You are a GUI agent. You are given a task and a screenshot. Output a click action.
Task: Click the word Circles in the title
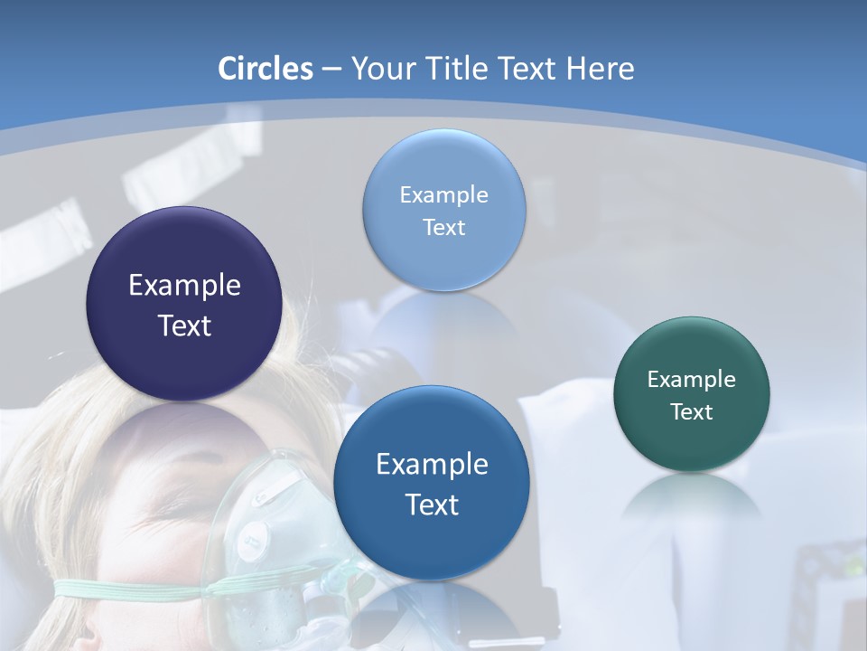pos(265,69)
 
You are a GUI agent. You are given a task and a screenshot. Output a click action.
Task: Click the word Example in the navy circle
pos(184,286)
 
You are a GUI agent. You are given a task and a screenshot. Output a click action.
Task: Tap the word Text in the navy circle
pos(184,325)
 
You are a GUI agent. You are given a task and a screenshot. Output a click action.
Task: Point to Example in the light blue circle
pos(443,195)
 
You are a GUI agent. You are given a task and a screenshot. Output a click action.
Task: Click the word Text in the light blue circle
pos(443,228)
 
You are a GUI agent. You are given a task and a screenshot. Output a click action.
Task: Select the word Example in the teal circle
pos(692,380)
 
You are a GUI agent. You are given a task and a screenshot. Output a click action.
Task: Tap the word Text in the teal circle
pos(692,412)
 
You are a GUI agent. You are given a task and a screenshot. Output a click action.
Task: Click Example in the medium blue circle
pos(432,465)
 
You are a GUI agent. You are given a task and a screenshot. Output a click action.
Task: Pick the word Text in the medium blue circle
pos(432,505)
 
